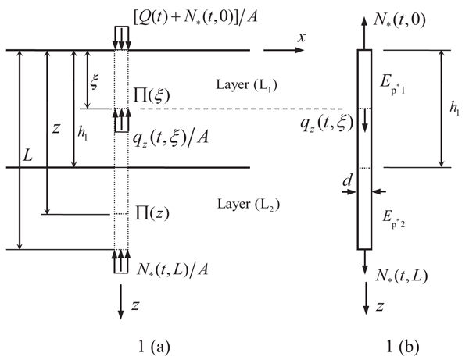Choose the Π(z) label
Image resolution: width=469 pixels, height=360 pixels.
click(151, 211)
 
